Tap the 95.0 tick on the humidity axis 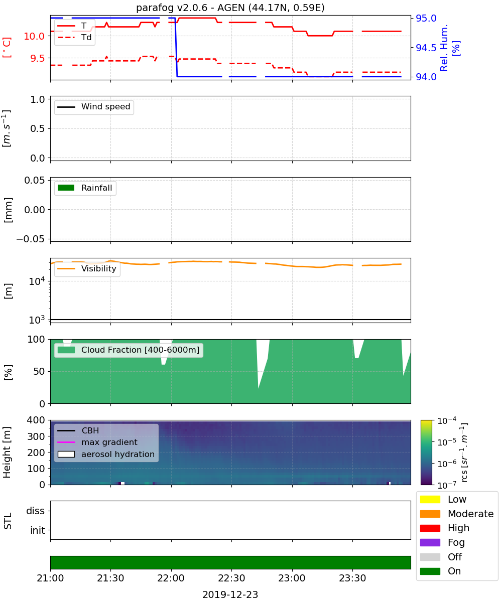[426, 18]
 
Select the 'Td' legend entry [74, 38]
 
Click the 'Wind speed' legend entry [94, 107]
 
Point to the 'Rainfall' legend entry [85, 188]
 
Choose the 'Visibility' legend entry [87, 268]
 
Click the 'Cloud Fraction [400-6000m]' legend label [140, 350]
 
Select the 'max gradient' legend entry [97, 442]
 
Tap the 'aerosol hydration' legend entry [106, 454]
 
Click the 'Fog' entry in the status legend [442, 542]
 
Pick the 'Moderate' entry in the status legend [457, 514]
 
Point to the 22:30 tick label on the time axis [231, 578]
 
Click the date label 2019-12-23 [230, 594]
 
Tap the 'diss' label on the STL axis [35, 511]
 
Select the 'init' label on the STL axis [38, 530]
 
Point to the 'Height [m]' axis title [7, 452]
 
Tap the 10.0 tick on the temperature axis [34, 36]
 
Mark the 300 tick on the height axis [36, 436]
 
